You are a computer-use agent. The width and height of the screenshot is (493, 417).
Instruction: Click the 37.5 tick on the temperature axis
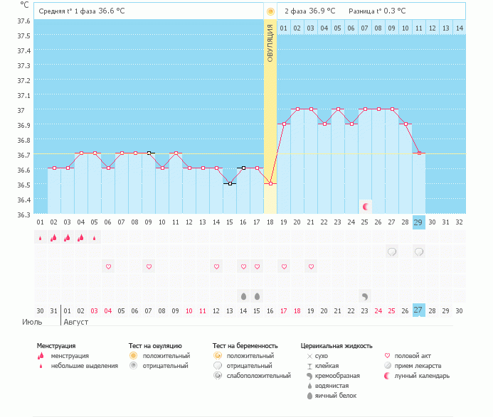click(24, 36)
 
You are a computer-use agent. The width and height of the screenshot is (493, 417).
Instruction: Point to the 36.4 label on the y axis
click(24, 200)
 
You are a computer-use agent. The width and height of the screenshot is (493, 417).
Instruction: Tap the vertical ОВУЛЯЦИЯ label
click(270, 43)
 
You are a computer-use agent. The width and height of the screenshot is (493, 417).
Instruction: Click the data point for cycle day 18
click(270, 184)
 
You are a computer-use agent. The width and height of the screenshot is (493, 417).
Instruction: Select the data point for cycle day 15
click(230, 184)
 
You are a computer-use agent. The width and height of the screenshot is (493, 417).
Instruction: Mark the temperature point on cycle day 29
click(419, 153)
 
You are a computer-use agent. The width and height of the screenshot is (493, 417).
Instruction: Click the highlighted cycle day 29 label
click(419, 222)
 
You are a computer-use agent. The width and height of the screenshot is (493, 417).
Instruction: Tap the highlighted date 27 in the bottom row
click(419, 310)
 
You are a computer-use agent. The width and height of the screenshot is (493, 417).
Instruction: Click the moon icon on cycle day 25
click(366, 207)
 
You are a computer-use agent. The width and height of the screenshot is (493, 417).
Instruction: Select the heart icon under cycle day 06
click(108, 266)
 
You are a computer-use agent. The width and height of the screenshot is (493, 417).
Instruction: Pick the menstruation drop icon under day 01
click(41, 238)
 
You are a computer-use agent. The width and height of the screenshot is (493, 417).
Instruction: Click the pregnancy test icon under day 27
click(392, 251)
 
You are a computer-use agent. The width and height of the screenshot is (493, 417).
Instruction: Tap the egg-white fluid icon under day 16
click(243, 296)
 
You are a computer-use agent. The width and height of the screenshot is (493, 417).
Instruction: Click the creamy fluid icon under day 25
click(365, 296)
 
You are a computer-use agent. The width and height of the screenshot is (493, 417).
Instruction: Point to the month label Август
click(76, 322)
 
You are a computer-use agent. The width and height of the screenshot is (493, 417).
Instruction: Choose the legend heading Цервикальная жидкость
click(336, 346)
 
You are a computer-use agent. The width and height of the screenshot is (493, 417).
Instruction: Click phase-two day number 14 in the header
click(460, 28)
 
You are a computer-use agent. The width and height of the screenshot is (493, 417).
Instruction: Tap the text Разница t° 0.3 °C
click(377, 11)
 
